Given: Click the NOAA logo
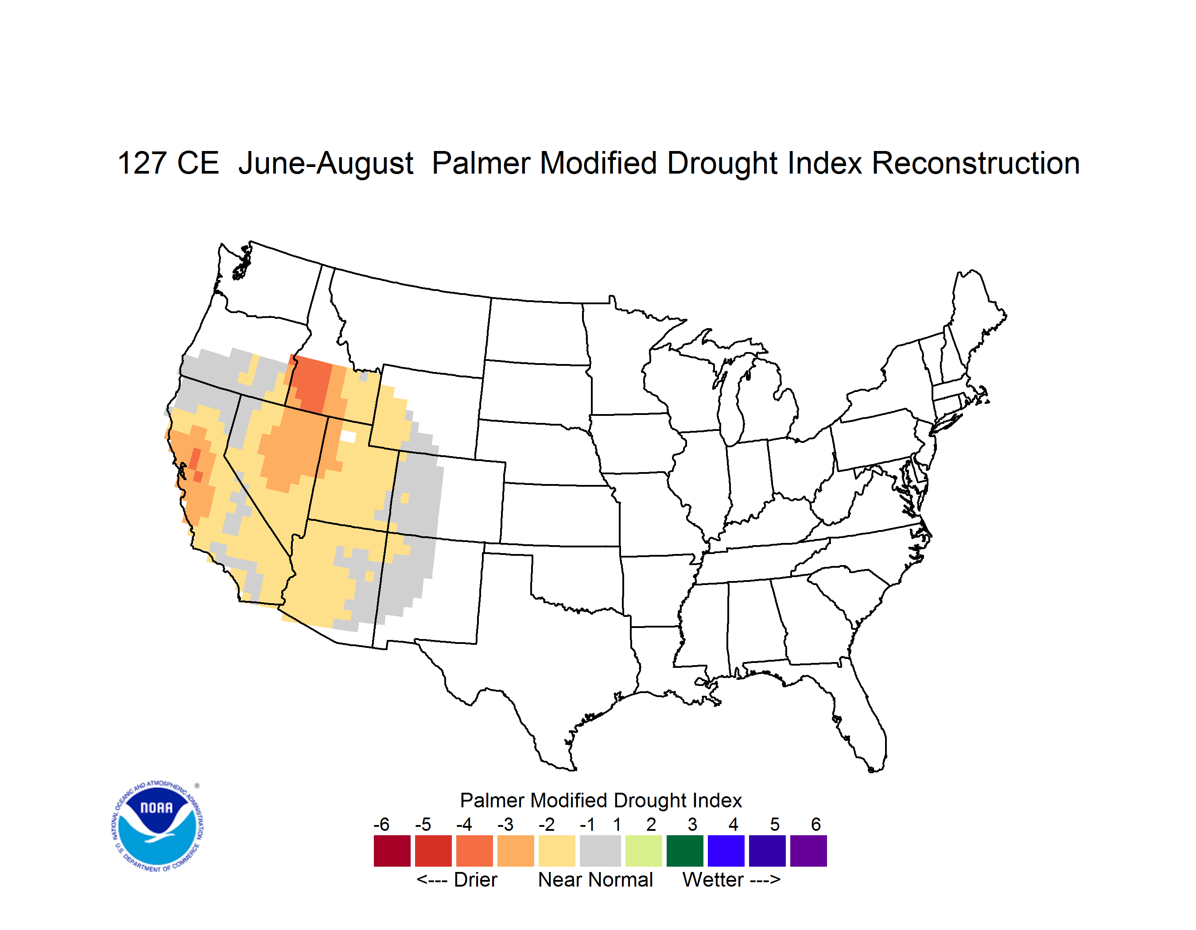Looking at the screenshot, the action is coord(157,826).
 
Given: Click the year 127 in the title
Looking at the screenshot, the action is coord(142,163).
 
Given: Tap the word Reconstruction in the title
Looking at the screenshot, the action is coord(975,163).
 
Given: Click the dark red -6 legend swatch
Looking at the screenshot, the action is coord(392,851).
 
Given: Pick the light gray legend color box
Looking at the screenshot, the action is coord(600,851).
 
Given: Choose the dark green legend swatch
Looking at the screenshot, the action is coord(684,851).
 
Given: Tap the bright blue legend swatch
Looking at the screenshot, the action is coord(726,851).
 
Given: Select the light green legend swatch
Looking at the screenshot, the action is coord(644,851).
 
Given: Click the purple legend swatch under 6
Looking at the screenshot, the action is coord(808,851).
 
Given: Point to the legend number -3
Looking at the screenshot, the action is coord(505,824).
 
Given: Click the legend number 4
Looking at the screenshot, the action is coord(733,824).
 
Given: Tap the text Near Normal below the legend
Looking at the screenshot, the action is coord(595,880).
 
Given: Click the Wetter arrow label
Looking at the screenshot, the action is coord(731,880).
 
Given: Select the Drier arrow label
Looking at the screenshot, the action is coord(457,880).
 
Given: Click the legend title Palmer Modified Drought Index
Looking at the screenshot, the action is coord(601,800).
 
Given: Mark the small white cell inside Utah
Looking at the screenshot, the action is coord(348,436).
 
